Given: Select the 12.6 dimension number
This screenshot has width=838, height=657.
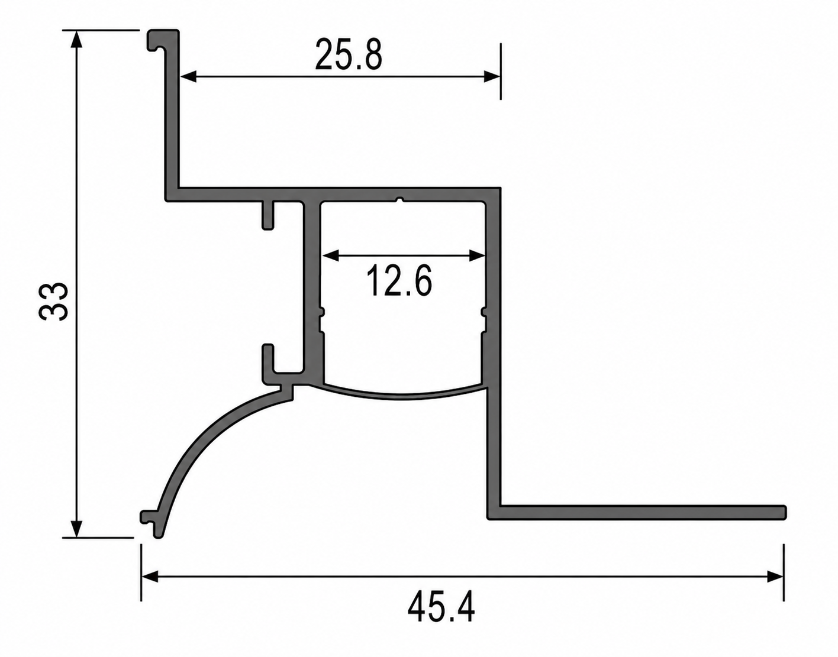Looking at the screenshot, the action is coord(399,281).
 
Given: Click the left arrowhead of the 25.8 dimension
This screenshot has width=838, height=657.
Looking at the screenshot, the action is coord(189,76).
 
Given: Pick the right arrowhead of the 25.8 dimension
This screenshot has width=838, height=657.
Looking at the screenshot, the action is coord(492,76).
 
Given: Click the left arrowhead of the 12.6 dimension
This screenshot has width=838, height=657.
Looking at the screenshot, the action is coord(330,255).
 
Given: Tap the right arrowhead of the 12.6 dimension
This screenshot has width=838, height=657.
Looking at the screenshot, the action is coord(477,255).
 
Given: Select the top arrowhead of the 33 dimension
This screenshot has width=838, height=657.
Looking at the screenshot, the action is coord(77,38).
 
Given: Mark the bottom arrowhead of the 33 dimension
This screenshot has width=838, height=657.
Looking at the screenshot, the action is coord(77,528).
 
